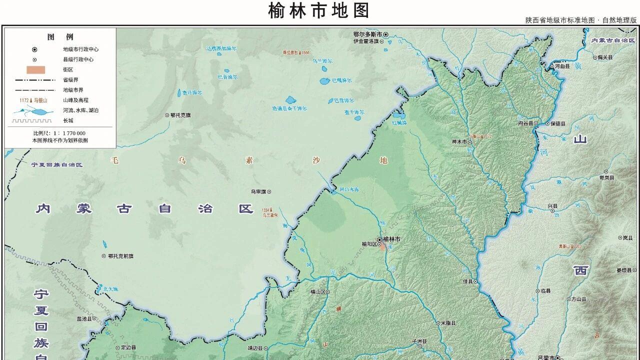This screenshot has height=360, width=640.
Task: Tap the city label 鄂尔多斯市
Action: pos(367,34)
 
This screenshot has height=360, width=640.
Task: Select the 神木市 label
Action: pos(459,142)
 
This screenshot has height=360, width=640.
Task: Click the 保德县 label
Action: pos(557,123)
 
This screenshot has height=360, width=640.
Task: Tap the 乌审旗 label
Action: pos(258,191)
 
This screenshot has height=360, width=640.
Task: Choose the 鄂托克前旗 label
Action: pos(120,256)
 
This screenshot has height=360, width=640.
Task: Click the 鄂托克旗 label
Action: pos(180,115)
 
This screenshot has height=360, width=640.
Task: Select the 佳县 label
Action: pos(467,281)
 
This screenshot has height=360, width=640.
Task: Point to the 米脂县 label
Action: pos(448,323)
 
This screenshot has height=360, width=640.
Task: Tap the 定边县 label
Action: pos(128,347)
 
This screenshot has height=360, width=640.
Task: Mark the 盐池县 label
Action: pos(84,318)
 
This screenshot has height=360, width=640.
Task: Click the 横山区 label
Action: pos(318,291)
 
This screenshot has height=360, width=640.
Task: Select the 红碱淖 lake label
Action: pos(399,122)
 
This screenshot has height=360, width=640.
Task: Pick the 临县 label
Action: pos(545,291)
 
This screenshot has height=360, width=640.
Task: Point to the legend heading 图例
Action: pos(60,37)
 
